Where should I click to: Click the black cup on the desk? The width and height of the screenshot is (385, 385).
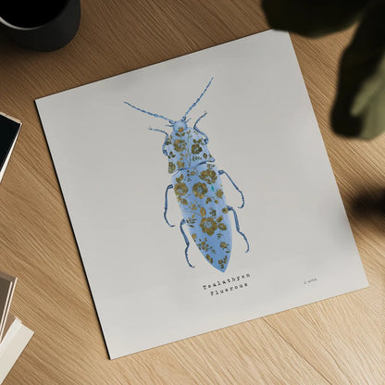coord(41,20)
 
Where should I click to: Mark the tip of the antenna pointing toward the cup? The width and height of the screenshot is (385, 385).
coord(126,104)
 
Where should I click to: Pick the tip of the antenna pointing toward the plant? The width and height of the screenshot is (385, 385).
coord(212,80)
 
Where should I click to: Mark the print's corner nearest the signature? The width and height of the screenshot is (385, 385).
coord(366,279)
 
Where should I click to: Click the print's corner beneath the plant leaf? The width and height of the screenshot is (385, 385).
coord(276,31)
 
